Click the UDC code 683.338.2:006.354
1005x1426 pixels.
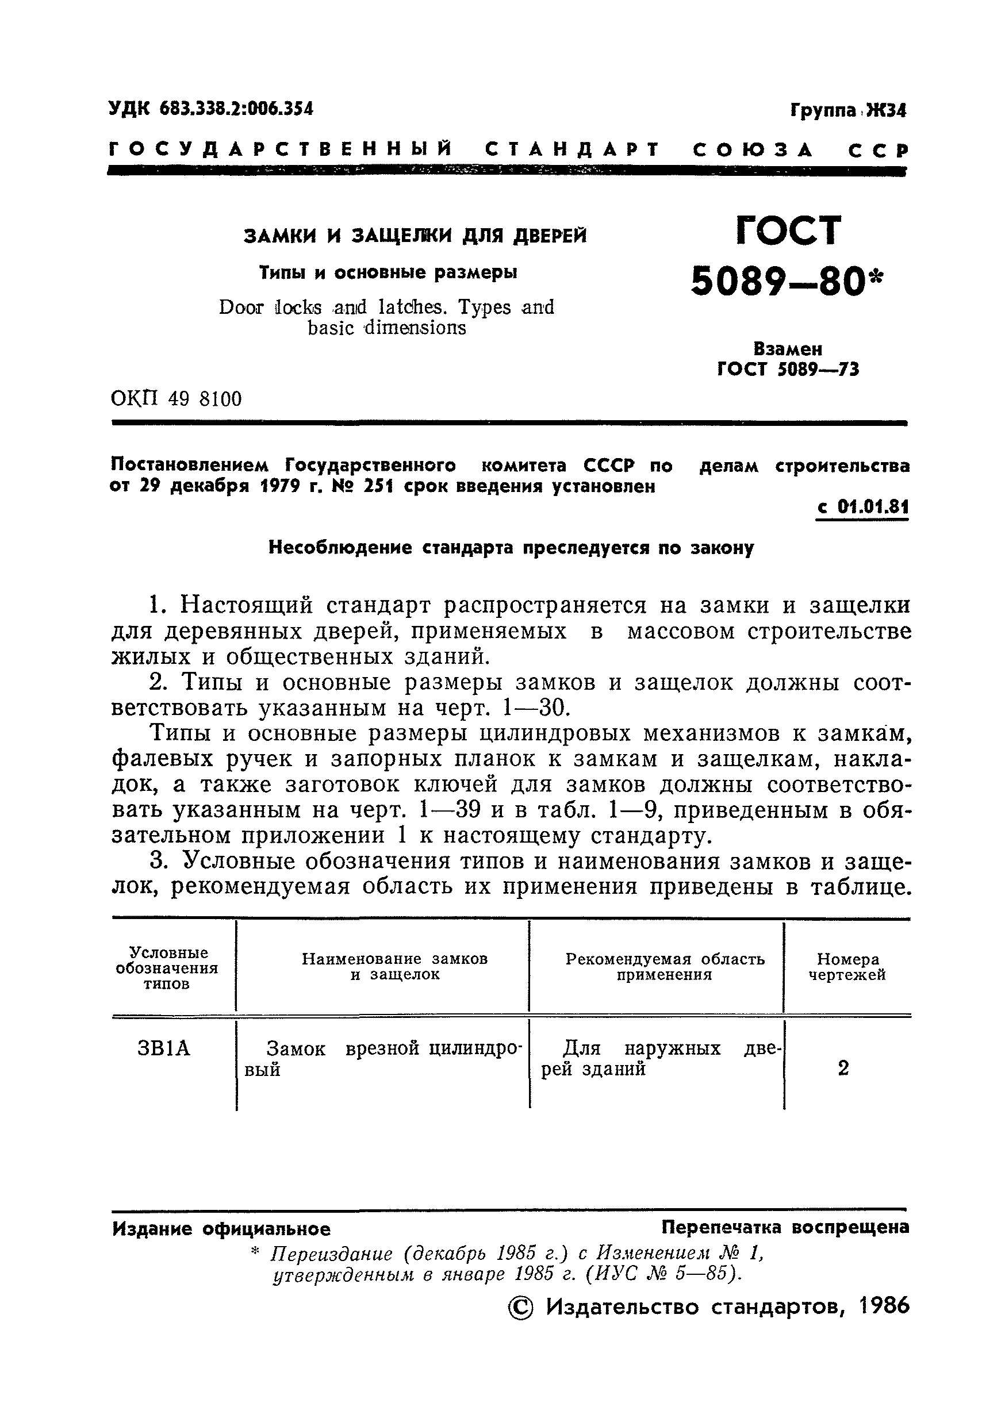coord(236,109)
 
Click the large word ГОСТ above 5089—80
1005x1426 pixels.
coord(788,231)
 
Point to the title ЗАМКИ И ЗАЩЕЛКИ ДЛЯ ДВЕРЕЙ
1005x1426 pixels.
coord(415,236)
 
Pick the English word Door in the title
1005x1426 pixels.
coord(241,308)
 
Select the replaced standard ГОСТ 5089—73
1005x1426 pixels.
coord(788,370)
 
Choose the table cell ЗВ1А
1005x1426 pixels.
coord(163,1048)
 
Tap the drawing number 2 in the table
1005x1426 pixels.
coord(843,1068)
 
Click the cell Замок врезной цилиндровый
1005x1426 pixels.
coord(382,1058)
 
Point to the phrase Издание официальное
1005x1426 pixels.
coord(221,1229)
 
